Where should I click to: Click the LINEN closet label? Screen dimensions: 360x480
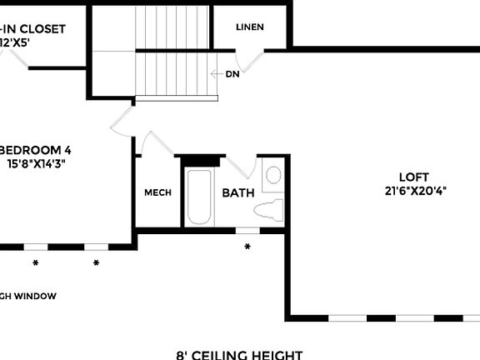(250, 27)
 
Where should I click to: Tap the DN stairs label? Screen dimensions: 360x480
(232, 73)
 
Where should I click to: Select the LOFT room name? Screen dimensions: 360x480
(413, 177)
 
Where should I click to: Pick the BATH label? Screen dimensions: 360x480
(237, 192)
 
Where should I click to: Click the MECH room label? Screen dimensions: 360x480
(158, 192)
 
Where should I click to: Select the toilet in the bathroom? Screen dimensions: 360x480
(268, 209)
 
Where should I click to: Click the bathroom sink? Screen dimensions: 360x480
(272, 176)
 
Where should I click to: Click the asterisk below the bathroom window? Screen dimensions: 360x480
(247, 247)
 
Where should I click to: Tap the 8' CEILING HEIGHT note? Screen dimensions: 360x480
(239, 354)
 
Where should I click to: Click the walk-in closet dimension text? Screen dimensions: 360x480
(21, 42)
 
